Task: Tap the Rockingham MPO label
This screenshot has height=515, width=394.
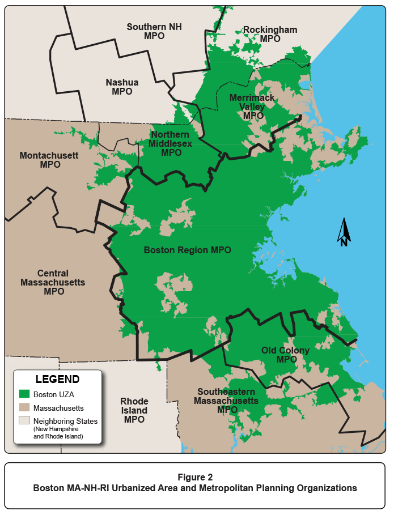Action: (x=270, y=34)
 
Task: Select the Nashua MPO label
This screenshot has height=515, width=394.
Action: (x=122, y=87)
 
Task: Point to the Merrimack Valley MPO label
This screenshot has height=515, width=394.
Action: (x=252, y=107)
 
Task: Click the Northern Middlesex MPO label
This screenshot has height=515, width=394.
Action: (x=171, y=143)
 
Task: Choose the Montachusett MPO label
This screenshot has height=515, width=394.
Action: (x=49, y=160)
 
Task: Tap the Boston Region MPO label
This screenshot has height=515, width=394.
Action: (x=187, y=250)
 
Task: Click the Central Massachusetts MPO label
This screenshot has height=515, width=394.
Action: (x=53, y=282)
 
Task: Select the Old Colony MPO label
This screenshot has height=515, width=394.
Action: (x=286, y=355)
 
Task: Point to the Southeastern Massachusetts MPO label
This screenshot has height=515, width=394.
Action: (x=226, y=401)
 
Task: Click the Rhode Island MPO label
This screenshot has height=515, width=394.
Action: (x=134, y=410)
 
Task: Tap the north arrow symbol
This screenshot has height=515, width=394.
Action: (x=344, y=233)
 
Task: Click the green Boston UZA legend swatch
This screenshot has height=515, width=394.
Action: (x=24, y=394)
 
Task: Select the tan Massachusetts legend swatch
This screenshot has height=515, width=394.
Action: (x=24, y=407)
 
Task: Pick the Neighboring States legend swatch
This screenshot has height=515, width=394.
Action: (x=24, y=420)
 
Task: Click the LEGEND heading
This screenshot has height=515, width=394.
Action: (x=57, y=379)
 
